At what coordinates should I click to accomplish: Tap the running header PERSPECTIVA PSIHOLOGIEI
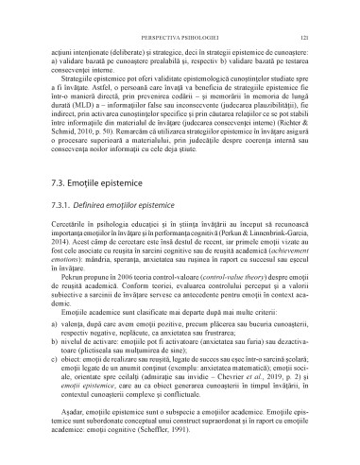point(180,11)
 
